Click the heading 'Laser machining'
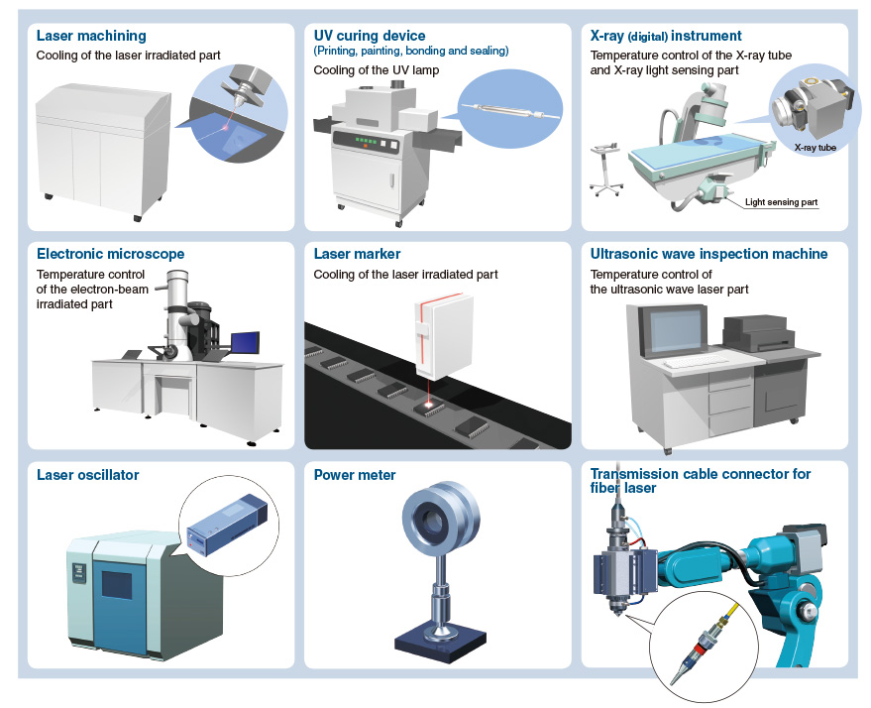click(x=91, y=36)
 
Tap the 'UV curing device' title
click(x=370, y=36)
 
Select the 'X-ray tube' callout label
click(x=815, y=148)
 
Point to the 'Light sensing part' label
click(x=781, y=201)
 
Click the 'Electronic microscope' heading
click(x=111, y=254)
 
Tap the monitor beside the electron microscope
click(x=245, y=343)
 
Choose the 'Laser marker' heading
click(x=357, y=254)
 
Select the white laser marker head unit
click(x=443, y=337)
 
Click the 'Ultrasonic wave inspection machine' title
click(x=708, y=254)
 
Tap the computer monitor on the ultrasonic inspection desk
click(x=675, y=330)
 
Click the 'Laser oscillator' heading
click(x=88, y=475)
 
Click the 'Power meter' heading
click(x=355, y=475)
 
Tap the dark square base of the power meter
click(x=441, y=643)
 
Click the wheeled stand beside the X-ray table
click(x=606, y=169)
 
